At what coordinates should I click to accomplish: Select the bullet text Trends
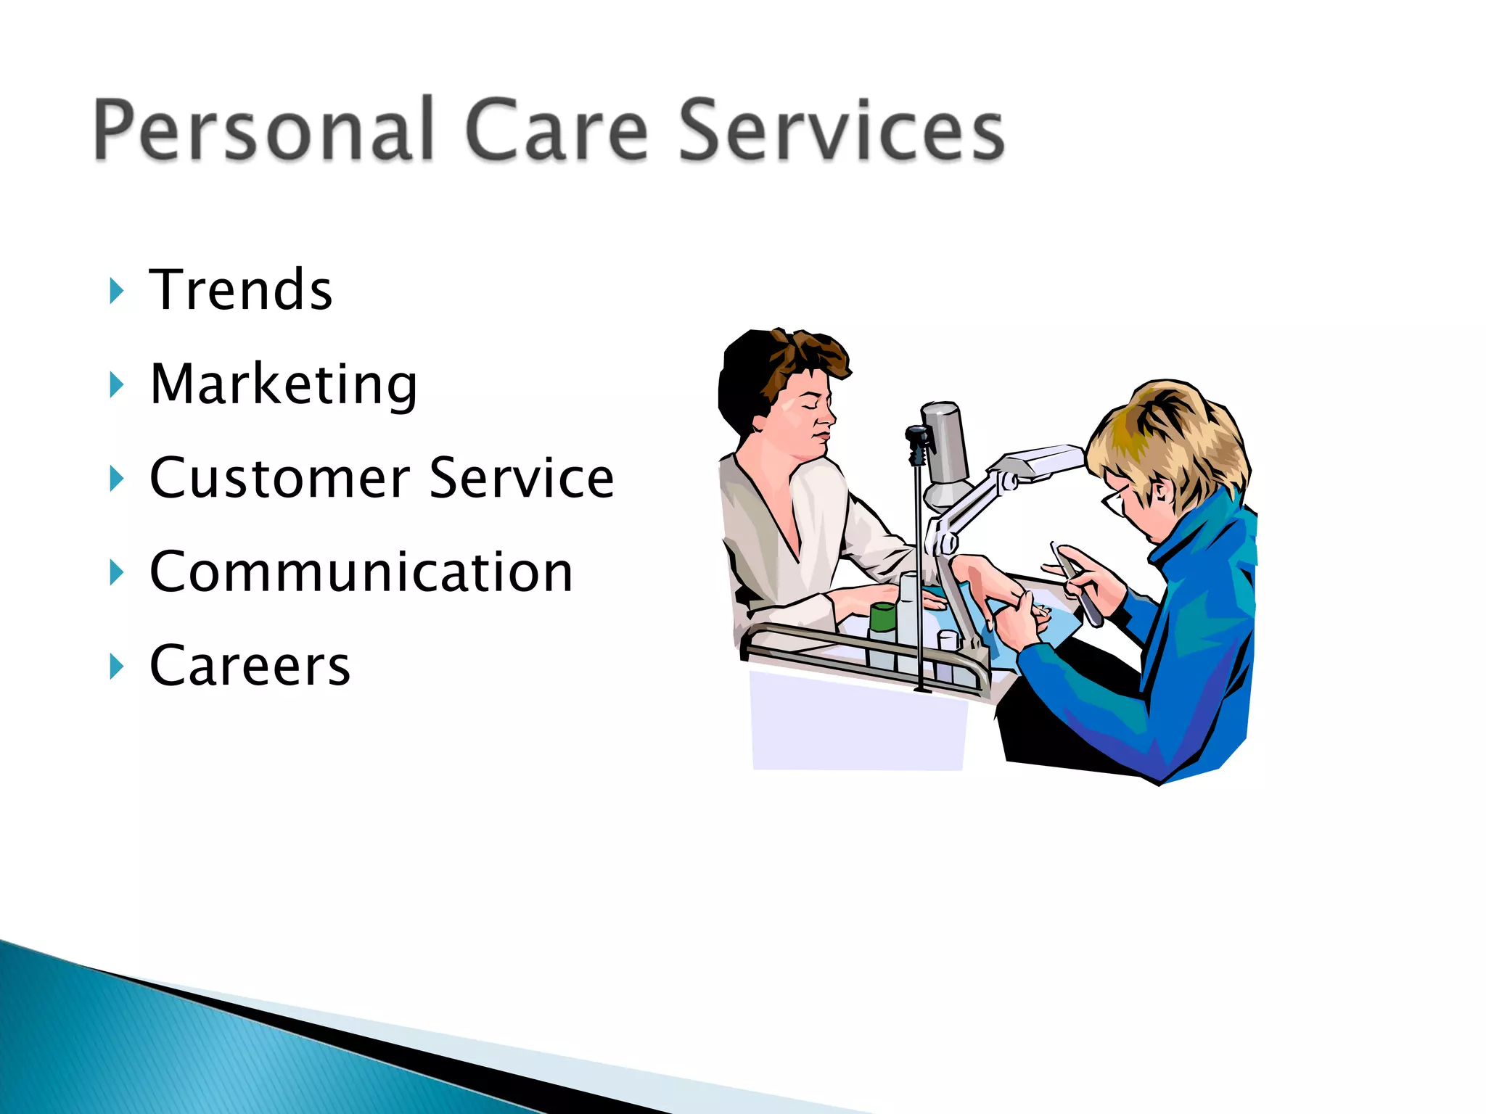tap(241, 290)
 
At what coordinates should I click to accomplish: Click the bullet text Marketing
tap(283, 384)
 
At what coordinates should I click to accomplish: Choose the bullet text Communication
tap(361, 572)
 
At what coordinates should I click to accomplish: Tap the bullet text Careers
tap(250, 666)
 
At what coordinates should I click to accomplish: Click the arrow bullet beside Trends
tap(116, 291)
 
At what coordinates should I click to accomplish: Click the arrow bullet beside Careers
tap(116, 666)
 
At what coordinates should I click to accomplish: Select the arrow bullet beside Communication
tap(116, 572)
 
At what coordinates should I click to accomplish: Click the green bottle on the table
tap(882, 617)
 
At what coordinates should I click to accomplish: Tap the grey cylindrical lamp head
tap(945, 442)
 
